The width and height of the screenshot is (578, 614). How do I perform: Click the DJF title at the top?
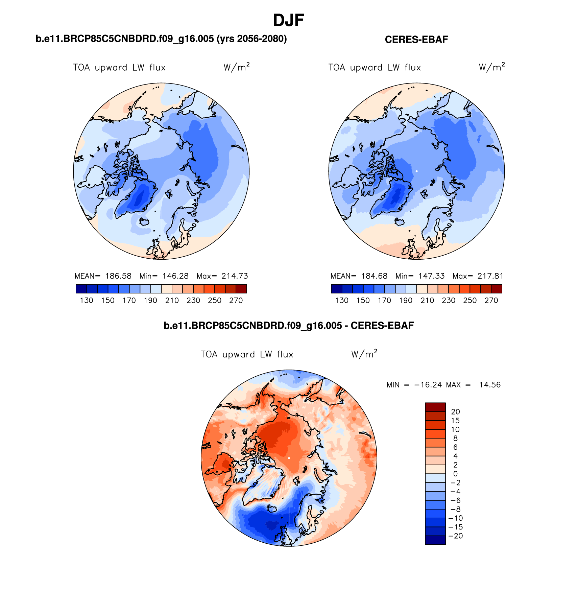coord(288,21)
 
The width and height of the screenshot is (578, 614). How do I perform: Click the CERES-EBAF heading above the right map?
coord(416,40)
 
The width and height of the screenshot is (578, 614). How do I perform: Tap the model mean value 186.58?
coord(118,276)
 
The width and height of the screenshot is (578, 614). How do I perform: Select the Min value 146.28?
coord(175,276)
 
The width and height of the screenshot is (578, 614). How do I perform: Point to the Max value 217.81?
coord(490,276)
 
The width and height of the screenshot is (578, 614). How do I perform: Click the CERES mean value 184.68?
coord(374,276)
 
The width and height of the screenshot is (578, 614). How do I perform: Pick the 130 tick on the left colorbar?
coord(87,300)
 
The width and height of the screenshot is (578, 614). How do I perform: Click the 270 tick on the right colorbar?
coord(491,300)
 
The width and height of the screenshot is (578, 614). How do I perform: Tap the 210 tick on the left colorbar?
coord(172,300)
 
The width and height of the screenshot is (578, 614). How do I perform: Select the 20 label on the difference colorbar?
coord(455,412)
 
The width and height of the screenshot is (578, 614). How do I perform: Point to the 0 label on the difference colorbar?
coord(455,474)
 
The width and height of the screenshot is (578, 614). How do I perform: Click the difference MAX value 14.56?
coord(490,385)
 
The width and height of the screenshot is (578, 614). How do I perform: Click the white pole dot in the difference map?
coord(289,458)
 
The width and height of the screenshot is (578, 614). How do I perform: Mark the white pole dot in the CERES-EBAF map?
coord(416,171)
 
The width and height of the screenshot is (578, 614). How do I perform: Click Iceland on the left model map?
coord(145,222)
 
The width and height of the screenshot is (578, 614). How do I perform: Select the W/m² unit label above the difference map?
coord(364,354)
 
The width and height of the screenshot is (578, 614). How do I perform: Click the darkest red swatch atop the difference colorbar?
coord(435,407)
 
